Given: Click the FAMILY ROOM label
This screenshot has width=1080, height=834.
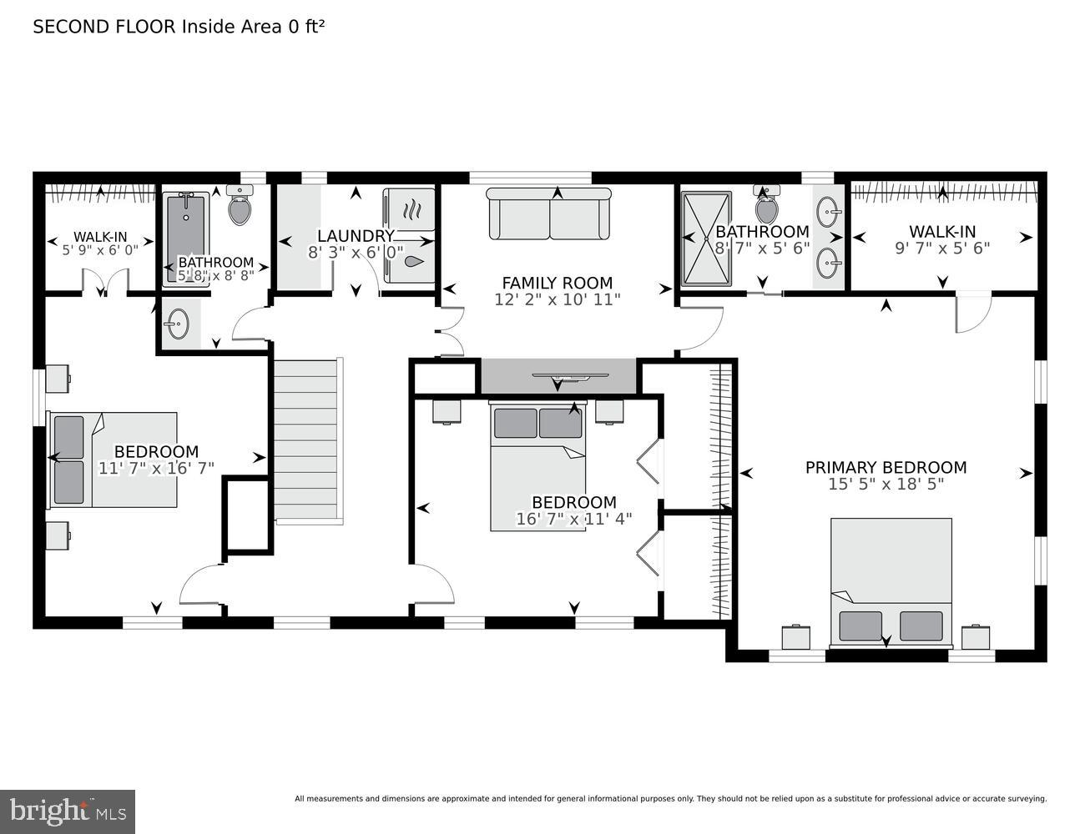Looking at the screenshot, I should (557, 283).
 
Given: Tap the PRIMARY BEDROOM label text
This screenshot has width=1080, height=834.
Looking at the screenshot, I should (886, 468).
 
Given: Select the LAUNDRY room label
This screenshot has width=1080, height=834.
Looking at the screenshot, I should (355, 236).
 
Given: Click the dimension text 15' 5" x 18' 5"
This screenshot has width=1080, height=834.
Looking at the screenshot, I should (886, 484).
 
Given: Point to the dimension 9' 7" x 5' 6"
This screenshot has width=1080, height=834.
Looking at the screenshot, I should (942, 248).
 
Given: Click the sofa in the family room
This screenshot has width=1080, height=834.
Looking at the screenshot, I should (549, 214).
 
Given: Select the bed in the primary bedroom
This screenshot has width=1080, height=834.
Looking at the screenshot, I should (891, 581).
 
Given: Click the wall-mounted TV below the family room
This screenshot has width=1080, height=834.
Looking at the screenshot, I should (560, 377).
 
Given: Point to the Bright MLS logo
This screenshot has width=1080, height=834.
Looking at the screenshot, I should (68, 811).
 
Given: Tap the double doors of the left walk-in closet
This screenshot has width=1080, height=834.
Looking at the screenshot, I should (105, 283).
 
